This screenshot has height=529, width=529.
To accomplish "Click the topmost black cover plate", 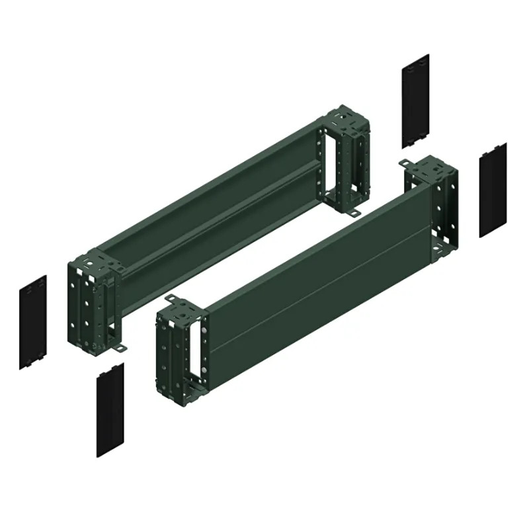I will (415, 99).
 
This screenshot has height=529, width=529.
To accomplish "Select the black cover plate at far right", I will (493, 189).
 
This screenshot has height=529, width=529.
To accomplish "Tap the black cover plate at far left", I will (32, 321).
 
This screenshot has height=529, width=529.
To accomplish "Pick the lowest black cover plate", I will (110, 409).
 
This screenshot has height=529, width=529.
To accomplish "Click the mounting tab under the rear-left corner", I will (120, 348).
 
